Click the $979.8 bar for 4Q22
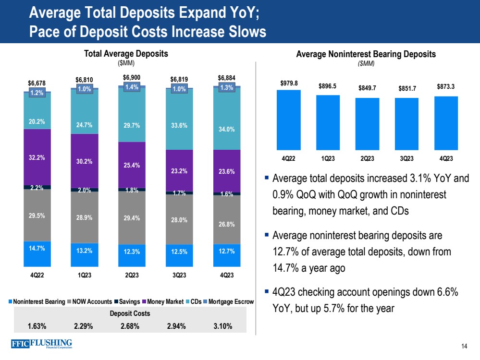(x=289, y=120)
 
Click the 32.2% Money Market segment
(x=37, y=157)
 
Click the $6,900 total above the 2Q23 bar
(x=131, y=78)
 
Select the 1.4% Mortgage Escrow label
(x=131, y=87)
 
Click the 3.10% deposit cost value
(x=222, y=326)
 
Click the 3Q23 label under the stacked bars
(x=178, y=275)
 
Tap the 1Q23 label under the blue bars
(x=328, y=158)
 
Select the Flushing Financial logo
(x=41, y=345)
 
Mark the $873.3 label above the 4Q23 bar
(x=446, y=87)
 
